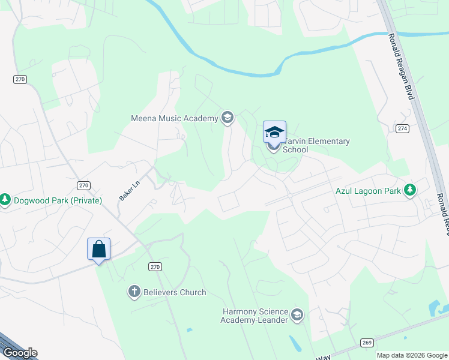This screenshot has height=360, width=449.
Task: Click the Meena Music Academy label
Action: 174,118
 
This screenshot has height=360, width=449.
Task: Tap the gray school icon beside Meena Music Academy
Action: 227,118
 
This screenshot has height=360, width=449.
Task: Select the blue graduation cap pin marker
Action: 274,132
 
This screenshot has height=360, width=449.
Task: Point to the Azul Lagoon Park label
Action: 368,192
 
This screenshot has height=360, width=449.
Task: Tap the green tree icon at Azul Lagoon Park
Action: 410,190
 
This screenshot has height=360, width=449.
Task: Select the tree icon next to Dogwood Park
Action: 5,199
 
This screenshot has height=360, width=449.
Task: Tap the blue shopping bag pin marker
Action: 98,249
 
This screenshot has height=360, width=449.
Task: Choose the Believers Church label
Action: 175,292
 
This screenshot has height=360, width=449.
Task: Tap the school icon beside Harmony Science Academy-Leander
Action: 297,314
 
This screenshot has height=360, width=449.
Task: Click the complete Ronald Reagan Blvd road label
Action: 401,67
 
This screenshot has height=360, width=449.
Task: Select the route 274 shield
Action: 402,128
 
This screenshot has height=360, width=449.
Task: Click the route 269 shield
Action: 366,343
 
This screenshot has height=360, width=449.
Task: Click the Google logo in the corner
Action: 20,353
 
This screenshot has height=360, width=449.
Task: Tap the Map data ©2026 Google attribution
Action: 411,355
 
